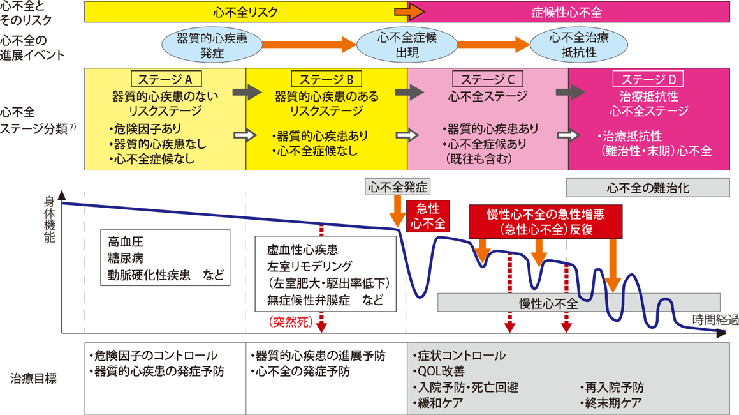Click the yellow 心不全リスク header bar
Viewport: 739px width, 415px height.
(245, 12)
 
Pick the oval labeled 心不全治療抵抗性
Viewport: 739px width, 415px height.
(578, 45)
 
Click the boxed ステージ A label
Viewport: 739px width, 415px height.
(166, 79)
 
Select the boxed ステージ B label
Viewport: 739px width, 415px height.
(326, 79)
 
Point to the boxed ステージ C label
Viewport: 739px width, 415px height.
(487, 79)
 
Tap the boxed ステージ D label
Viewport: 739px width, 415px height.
(647, 79)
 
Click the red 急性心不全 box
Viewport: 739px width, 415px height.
(428, 216)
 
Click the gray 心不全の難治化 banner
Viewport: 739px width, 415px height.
(647, 188)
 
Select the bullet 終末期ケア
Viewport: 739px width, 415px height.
(611, 403)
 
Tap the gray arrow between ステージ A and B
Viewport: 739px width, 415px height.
(247, 93)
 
